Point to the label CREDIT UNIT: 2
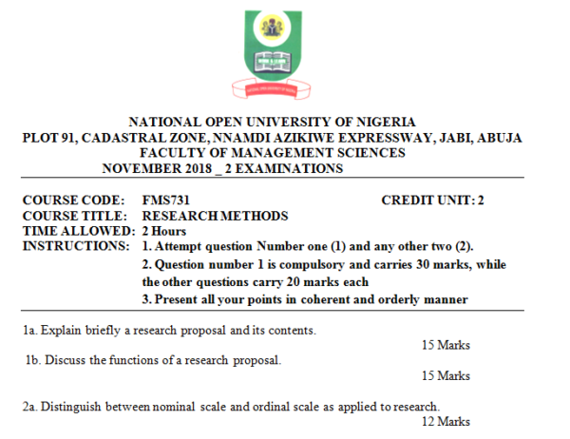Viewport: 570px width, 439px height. (x=432, y=200)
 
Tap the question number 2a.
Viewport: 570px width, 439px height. (x=29, y=406)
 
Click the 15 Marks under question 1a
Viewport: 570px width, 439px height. (x=446, y=345)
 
